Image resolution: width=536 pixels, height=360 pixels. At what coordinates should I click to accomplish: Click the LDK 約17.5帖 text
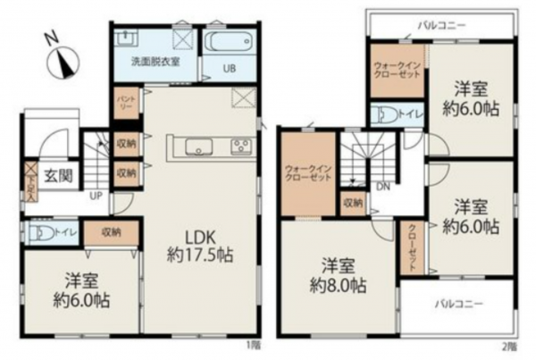coord(200,246)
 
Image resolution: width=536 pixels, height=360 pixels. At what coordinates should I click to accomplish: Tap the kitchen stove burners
coord(240,146)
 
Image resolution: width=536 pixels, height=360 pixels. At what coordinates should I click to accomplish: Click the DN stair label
coord(381,188)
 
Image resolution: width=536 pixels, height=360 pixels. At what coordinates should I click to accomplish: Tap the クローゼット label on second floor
coord(412,245)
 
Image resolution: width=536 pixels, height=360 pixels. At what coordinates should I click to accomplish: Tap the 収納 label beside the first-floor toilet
coord(111,232)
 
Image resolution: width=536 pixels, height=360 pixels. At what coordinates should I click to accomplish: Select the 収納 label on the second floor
coord(353,204)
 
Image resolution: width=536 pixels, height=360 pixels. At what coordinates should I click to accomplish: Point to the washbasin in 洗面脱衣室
coord(127,39)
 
